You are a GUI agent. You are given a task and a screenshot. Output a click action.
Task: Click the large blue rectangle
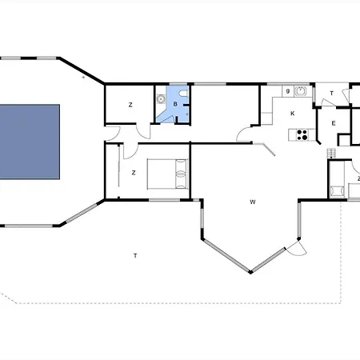click(30, 142)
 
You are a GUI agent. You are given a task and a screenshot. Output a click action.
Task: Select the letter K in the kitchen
click(293, 114)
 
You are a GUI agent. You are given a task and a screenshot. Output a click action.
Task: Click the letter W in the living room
click(252, 202)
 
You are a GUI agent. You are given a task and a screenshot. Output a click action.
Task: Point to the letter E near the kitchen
click(333, 123)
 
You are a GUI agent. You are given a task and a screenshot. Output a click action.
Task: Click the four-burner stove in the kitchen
click(302, 135)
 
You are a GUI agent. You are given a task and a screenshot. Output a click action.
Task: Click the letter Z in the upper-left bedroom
click(130, 105)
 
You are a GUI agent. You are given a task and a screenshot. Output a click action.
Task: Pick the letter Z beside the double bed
click(134, 173)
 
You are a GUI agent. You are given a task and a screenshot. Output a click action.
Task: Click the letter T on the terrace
click(135, 255)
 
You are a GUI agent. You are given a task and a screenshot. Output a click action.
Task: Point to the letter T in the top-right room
click(332, 94)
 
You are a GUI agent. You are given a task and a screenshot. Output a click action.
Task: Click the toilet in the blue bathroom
click(185, 95)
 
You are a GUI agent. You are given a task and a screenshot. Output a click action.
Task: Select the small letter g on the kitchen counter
click(287, 92)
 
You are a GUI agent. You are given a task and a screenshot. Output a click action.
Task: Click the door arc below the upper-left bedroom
click(142, 130)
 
